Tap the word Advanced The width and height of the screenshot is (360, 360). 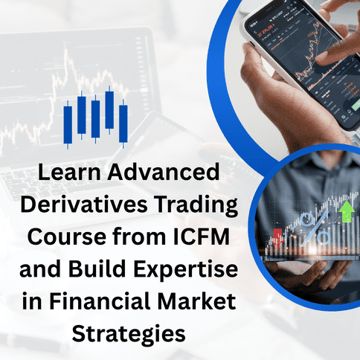tap(164, 172)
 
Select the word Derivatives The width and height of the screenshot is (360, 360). tap(84, 205)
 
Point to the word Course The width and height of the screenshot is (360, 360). tap(67, 237)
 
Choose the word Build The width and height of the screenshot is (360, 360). tap(97, 269)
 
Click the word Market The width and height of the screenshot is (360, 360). tap(197, 301)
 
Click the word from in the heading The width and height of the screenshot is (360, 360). tap(139, 237)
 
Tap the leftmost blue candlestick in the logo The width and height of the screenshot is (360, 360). tap(68, 125)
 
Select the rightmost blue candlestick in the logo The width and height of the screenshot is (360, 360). tap(123, 123)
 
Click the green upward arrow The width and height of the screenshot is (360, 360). tap(347, 211)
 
